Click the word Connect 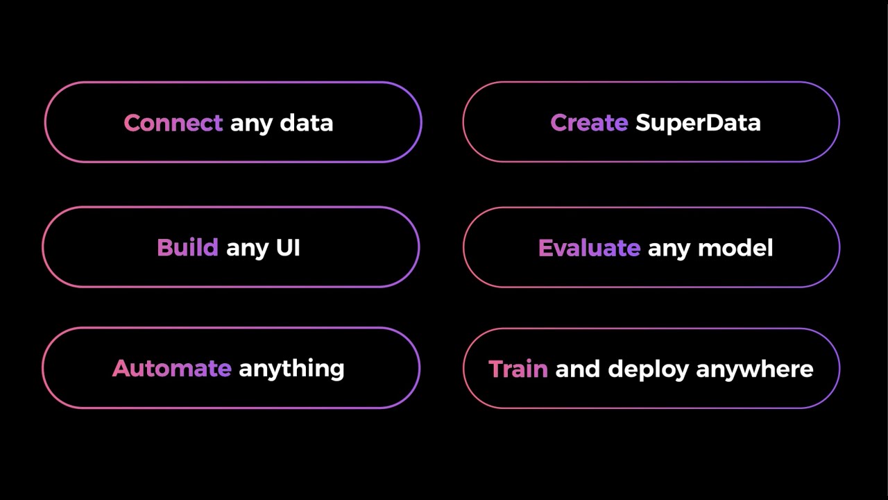[173, 123]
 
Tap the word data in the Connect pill [306, 123]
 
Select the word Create [589, 123]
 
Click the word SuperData [698, 124]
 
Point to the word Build [187, 248]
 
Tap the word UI [288, 248]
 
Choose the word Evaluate [589, 248]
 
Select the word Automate [171, 368]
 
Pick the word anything [291, 369]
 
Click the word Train [518, 369]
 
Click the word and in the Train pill [577, 369]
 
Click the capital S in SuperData [642, 123]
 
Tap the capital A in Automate [121, 368]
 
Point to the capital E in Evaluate [545, 248]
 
